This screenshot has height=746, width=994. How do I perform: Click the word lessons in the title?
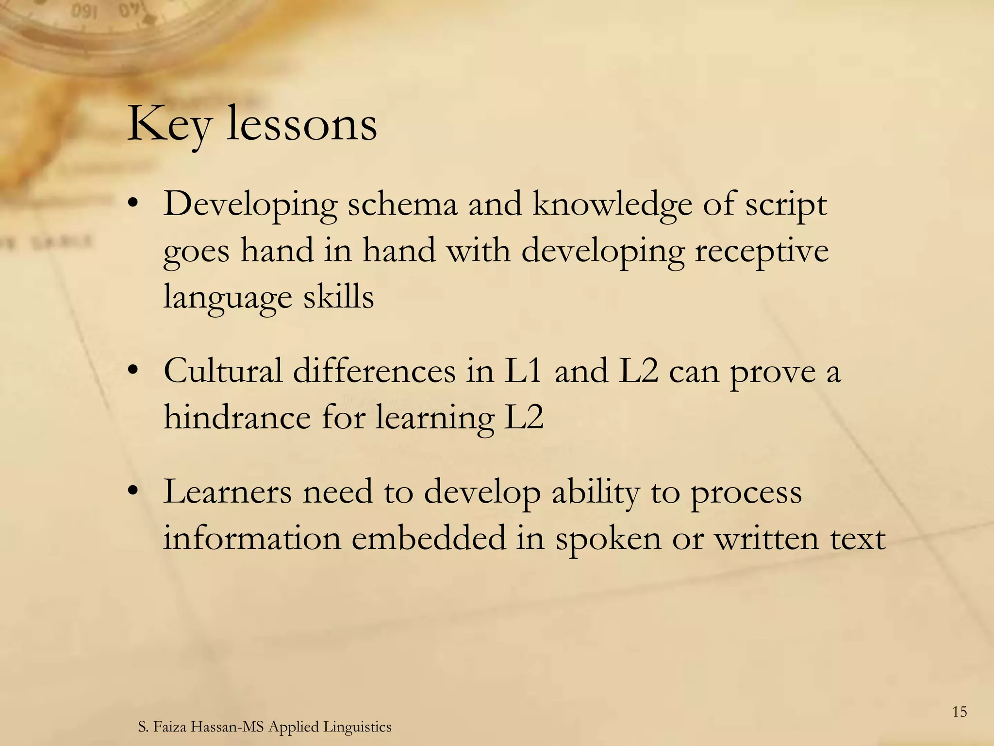pyautogui.click(x=302, y=124)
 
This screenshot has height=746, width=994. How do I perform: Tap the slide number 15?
pyautogui.click(x=960, y=712)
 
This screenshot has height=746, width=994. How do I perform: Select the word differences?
pyautogui.click(x=374, y=371)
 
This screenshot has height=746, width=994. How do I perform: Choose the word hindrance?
pyautogui.click(x=237, y=417)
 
